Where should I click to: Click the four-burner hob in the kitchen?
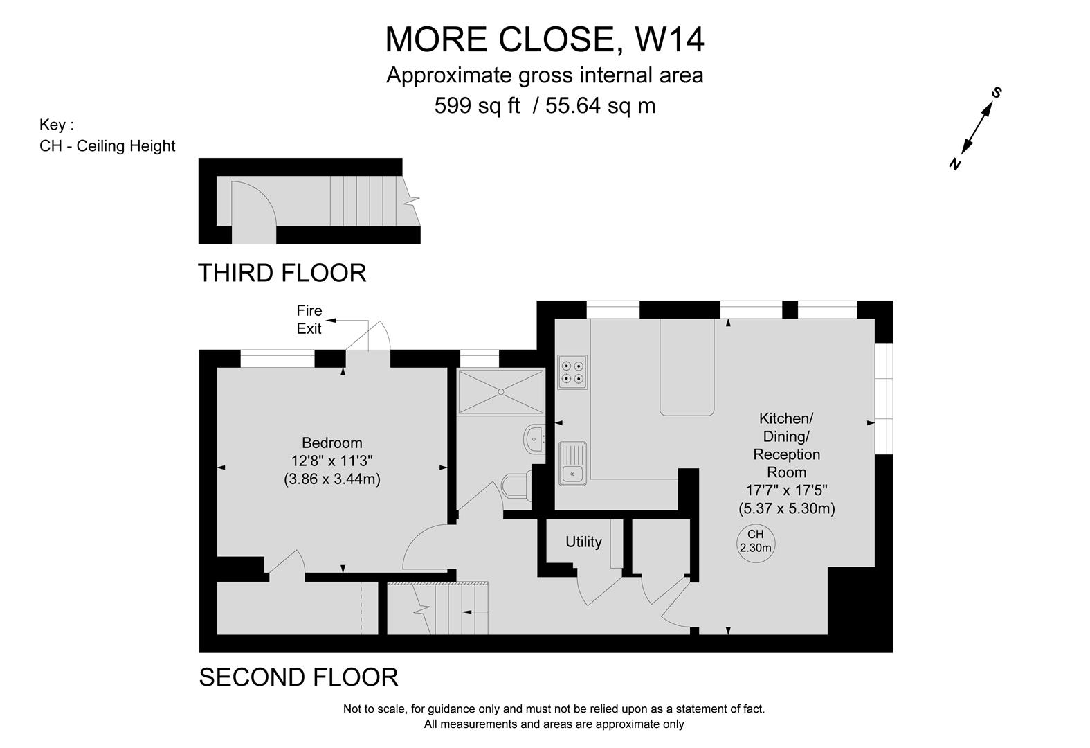(572, 372)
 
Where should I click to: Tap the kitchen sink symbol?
(573, 463)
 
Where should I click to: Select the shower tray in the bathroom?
(501, 391)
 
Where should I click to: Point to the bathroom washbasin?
(534, 439)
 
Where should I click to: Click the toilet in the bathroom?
(516, 486)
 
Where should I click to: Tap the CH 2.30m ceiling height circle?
(755, 544)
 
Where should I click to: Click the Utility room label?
(583, 542)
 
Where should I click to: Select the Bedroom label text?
(332, 443)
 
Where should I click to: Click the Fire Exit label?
(309, 319)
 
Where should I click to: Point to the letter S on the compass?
(996, 93)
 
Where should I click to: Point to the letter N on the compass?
(955, 164)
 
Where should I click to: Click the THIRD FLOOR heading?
(282, 273)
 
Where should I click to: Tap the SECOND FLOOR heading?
(298, 677)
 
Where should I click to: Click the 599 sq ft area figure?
(477, 105)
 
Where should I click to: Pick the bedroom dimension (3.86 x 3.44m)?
(332, 479)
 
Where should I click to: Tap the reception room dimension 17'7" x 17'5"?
(786, 490)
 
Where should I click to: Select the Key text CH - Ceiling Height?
(107, 145)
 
